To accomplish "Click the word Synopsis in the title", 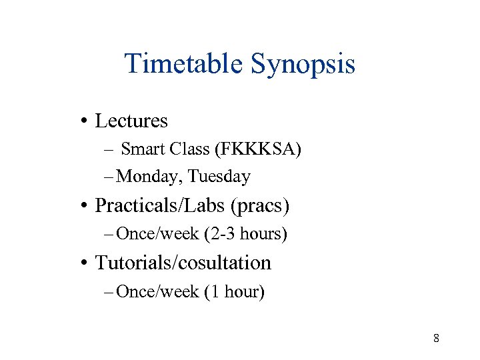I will coord(303,64).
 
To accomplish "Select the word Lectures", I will coord(131,121).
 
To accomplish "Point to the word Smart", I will coord(143,149).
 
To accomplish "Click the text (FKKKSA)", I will coord(258,149).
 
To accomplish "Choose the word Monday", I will coord(149,177).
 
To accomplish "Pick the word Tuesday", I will coord(219,177).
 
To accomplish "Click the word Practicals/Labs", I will coord(160,205).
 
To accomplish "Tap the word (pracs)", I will coord(260,205).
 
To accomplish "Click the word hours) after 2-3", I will coord(263,234).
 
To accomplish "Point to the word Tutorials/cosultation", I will coord(183,263).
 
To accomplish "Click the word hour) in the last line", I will coord(244,291).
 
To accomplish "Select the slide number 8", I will coord(436,338).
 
